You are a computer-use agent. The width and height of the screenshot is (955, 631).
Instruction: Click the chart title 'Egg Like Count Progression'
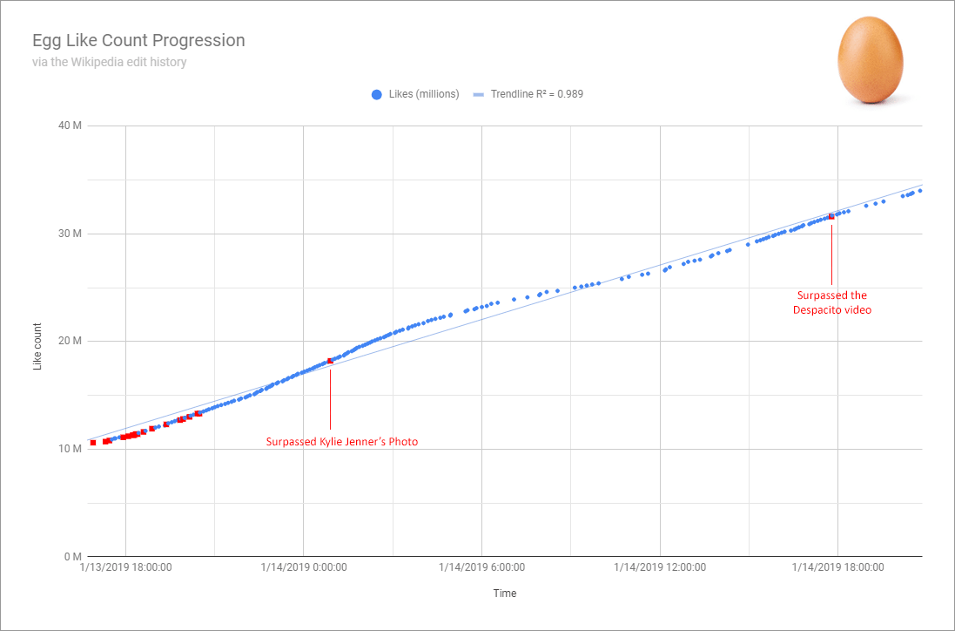coord(138,41)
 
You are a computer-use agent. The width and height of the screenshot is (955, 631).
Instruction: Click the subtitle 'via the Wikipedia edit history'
coord(110,62)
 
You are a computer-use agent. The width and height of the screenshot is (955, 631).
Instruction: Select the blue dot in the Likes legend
coord(377,94)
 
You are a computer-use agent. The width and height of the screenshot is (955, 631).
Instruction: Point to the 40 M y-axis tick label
coord(70,126)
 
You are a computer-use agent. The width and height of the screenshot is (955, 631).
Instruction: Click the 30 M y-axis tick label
coord(70,234)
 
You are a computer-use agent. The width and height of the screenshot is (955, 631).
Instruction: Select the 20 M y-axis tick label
coord(70,341)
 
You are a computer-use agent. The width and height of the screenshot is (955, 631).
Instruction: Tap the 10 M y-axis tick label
coord(70,449)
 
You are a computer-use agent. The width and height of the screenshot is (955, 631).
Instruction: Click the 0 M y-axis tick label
coord(72,556)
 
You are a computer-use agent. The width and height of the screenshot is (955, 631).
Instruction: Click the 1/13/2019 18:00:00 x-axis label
coord(125,567)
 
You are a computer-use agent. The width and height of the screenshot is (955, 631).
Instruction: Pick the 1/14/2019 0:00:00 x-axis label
coord(304,567)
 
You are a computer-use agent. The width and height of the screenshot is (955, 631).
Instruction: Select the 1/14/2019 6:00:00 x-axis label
coord(481,567)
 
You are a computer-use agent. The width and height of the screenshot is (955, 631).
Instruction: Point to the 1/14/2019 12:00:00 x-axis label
coord(660,567)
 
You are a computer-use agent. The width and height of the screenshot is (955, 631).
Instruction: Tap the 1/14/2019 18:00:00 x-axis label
coord(837,567)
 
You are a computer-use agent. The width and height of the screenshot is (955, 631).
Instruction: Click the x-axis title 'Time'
coord(504,594)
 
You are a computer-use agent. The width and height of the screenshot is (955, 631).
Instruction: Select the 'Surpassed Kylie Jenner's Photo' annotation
coord(342,442)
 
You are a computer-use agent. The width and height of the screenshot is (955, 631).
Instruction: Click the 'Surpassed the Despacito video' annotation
coord(831,302)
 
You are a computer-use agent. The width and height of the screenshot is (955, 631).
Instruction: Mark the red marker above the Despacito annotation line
coord(831,216)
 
